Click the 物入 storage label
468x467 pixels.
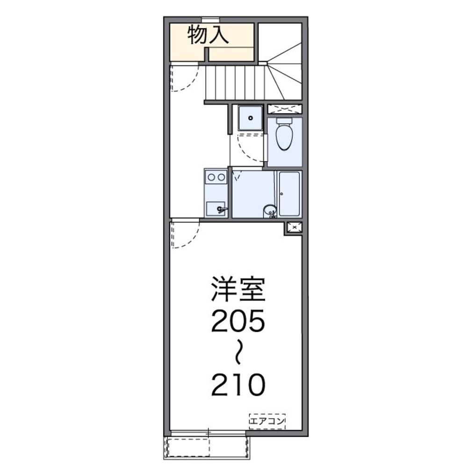(x=208, y=34)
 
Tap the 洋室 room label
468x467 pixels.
(x=238, y=289)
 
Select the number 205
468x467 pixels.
(x=238, y=320)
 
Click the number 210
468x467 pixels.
(x=238, y=385)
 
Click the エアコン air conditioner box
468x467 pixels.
(x=267, y=421)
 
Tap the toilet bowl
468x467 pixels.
(x=284, y=137)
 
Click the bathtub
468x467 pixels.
(x=289, y=193)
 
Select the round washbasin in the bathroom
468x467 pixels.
(x=270, y=211)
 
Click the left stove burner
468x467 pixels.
(x=211, y=177)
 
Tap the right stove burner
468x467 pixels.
(x=221, y=177)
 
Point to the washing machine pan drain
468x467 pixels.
(x=251, y=118)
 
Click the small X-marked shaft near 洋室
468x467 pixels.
(x=294, y=227)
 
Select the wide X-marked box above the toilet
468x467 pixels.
(x=285, y=109)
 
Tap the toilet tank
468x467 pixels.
(x=284, y=121)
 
